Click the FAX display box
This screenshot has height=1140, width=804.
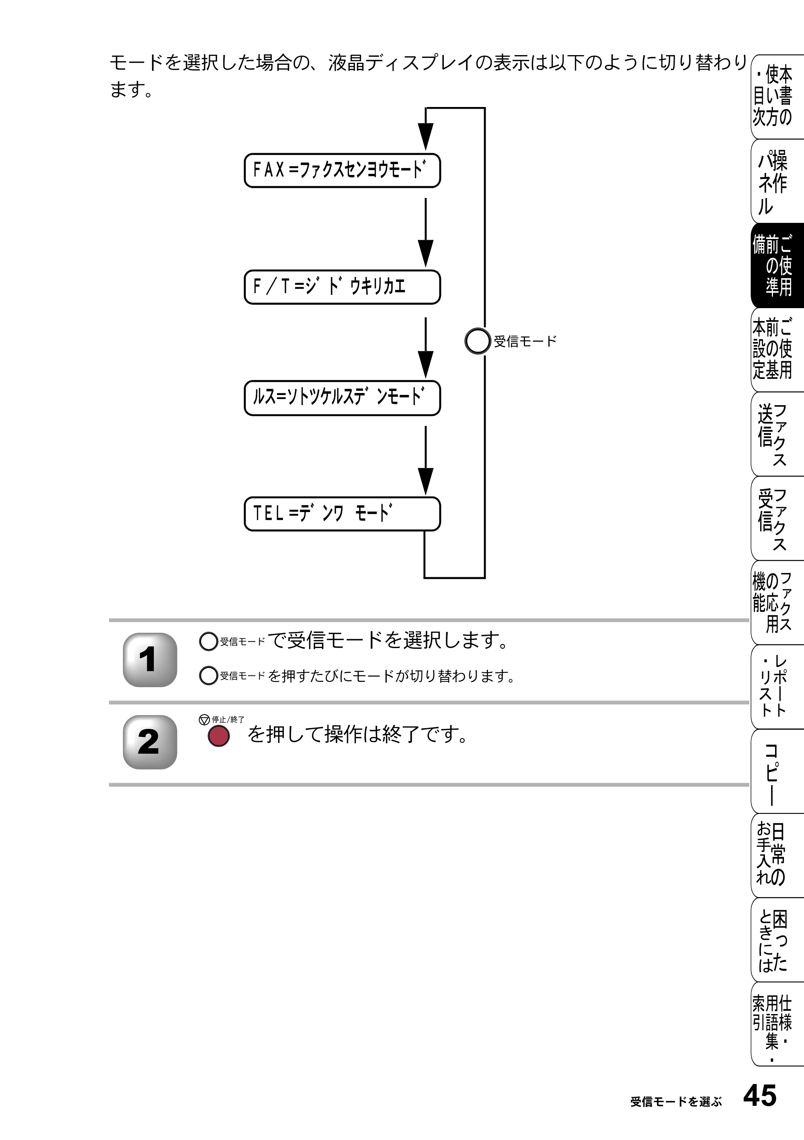tap(343, 170)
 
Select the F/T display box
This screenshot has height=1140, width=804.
tap(343, 287)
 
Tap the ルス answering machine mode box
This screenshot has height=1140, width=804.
tap(343, 398)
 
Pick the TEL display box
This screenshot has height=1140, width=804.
tap(343, 514)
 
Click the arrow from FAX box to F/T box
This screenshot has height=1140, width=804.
tap(425, 233)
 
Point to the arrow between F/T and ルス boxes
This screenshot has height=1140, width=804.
tap(425, 348)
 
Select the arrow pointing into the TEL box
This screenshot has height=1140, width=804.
tap(425, 460)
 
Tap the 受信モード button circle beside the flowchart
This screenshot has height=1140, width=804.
tap(478, 341)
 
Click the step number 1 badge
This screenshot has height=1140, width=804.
tap(150, 660)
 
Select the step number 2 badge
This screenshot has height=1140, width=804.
tap(150, 742)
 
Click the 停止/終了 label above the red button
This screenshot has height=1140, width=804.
tap(228, 720)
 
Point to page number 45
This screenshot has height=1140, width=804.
tap(760, 1096)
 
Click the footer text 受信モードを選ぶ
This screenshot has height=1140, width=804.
tap(676, 1102)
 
